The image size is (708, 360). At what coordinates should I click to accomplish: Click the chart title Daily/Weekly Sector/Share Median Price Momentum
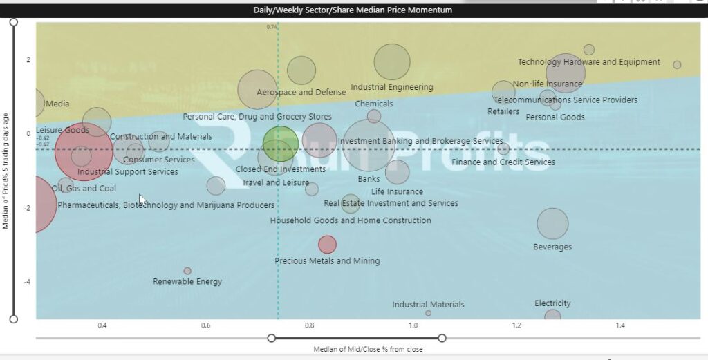(x=353, y=10)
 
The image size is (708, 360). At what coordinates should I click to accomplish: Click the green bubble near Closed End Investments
(x=281, y=144)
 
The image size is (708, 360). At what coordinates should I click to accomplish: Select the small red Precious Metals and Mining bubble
(x=328, y=244)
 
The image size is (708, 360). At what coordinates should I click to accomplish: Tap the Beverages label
(x=552, y=247)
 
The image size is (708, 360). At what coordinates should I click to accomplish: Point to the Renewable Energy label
(x=187, y=281)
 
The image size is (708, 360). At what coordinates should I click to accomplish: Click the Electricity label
(x=552, y=303)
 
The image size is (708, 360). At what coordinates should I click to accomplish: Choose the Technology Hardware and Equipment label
(x=588, y=62)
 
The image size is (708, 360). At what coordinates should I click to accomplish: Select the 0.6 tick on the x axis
(x=205, y=325)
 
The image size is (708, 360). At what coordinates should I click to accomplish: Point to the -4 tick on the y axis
(x=28, y=282)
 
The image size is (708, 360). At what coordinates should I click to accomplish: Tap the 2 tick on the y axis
(x=28, y=59)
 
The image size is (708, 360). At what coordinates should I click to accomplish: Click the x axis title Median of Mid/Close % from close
(x=368, y=349)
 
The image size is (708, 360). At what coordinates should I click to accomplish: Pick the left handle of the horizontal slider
(x=272, y=338)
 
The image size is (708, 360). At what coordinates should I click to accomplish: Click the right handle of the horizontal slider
(x=442, y=338)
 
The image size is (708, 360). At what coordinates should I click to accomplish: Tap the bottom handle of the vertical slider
(x=13, y=319)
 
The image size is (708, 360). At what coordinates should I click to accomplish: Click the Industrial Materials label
(x=428, y=305)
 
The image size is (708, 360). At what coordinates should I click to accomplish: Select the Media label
(x=57, y=104)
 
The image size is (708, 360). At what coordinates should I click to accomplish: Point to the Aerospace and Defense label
(x=301, y=92)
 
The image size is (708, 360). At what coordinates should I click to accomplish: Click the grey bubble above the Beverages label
(x=552, y=223)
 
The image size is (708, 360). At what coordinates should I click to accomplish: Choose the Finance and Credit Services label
(x=503, y=162)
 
